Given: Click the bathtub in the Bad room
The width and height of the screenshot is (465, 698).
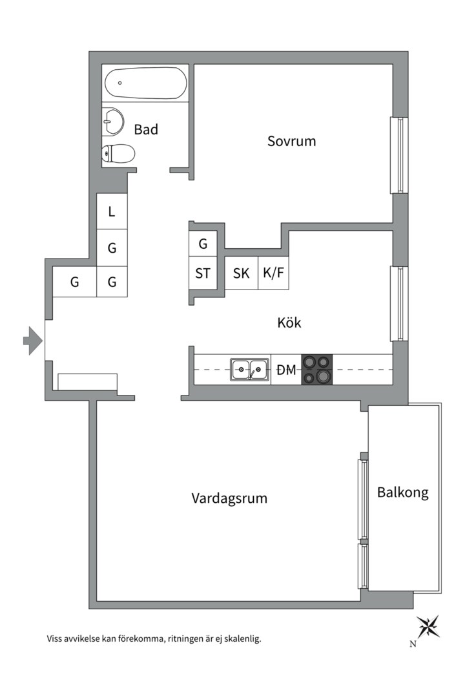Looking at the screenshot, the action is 145,83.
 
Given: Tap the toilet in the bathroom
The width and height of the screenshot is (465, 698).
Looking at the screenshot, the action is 118,154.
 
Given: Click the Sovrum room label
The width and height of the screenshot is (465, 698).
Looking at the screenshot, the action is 291,141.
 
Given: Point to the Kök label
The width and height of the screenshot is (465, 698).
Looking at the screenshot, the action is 289,323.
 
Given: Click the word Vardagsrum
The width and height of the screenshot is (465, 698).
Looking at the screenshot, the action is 229,498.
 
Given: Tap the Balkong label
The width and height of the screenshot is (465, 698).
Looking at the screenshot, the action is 403,492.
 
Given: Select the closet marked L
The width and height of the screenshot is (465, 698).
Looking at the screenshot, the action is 112,211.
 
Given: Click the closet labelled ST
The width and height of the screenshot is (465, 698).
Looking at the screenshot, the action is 203,273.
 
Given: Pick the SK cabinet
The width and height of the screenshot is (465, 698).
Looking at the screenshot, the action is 241,273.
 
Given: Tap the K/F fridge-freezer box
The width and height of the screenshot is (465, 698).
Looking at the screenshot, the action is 273,273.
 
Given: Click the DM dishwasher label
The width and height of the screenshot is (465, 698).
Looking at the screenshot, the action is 286,370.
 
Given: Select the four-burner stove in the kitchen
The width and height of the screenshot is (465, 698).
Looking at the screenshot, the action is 317,370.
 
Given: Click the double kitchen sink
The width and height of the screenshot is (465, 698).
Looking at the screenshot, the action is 250,370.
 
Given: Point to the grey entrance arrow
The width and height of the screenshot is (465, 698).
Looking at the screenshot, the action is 33,341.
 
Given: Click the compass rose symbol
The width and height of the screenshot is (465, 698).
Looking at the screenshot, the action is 428,627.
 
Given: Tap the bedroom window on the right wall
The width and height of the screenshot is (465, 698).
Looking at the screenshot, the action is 399,155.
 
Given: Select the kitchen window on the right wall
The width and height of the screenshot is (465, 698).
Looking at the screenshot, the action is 399,304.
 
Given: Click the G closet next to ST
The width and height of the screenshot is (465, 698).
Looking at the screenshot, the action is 203,244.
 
